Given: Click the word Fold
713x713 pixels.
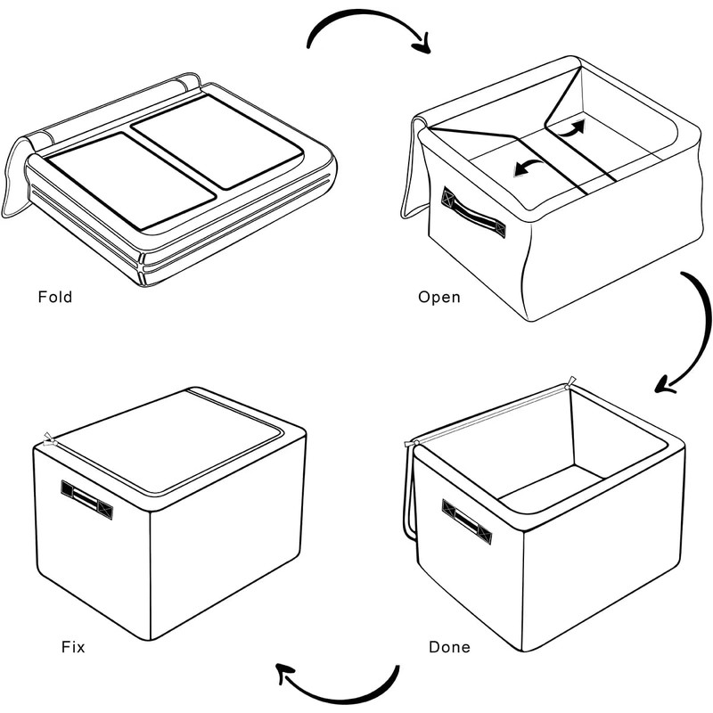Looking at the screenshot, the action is tap(54, 297).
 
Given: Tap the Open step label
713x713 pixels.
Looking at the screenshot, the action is tap(439, 297).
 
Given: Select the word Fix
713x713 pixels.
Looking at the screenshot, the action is tap(73, 647).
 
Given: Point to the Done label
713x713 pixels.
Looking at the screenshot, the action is tap(449, 647).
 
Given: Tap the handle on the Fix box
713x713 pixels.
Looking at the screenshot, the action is tap(87, 498).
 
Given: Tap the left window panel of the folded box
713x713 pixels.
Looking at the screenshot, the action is tap(128, 179).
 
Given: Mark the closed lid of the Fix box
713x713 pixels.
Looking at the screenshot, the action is tap(169, 441).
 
